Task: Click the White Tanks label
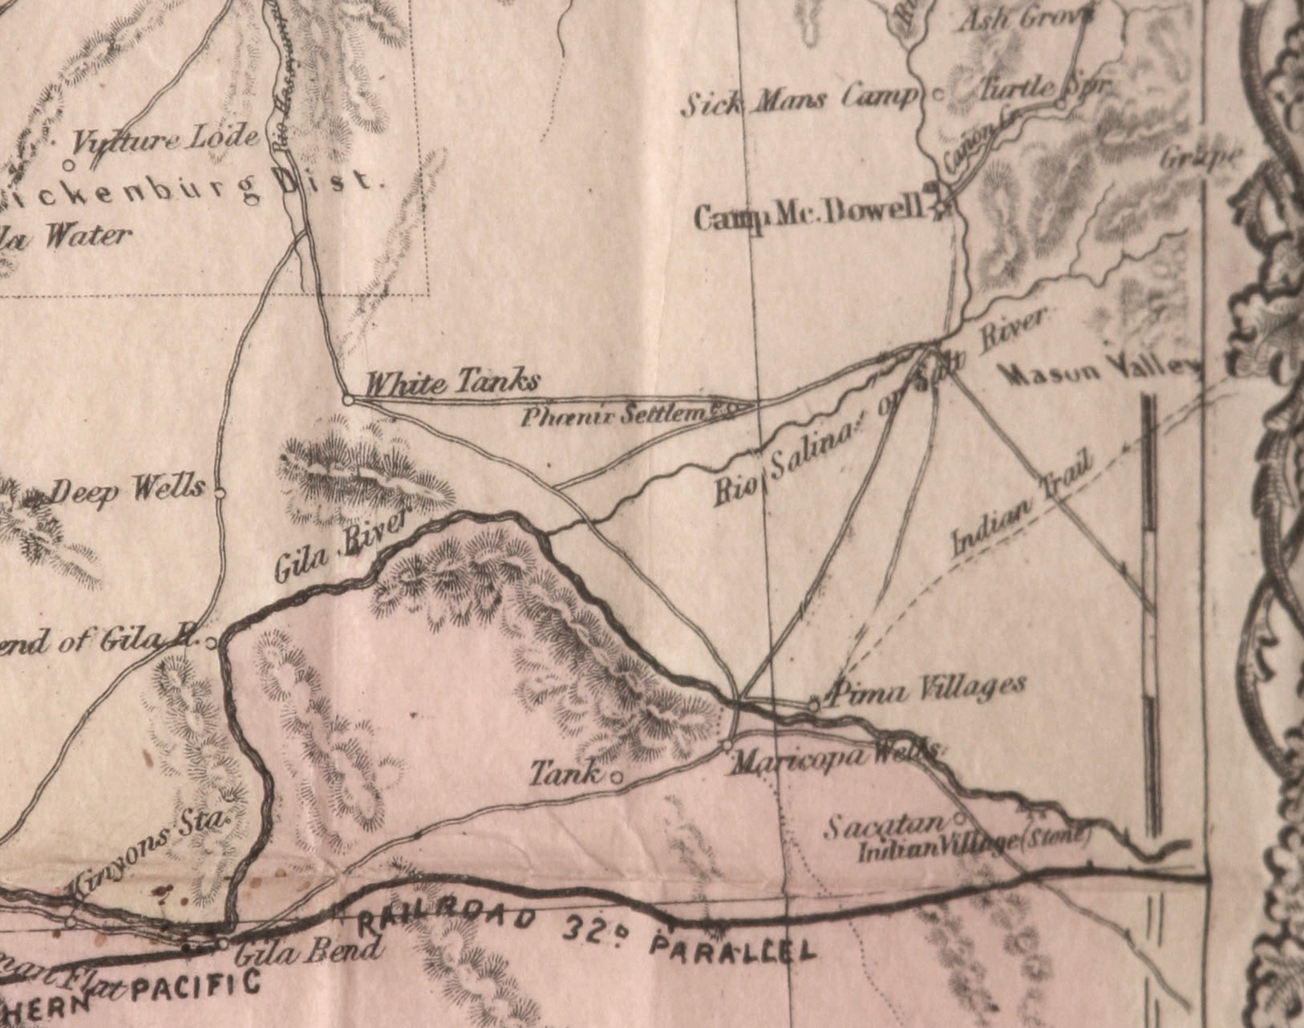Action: point(451,383)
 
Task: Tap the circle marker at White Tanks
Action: point(348,399)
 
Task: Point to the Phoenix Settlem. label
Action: point(618,415)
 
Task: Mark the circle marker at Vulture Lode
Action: point(69,165)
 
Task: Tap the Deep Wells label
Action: point(128,489)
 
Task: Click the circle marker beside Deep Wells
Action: point(220,493)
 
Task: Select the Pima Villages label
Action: point(929,688)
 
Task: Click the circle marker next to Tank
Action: point(617,777)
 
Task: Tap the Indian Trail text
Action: point(1022,505)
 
